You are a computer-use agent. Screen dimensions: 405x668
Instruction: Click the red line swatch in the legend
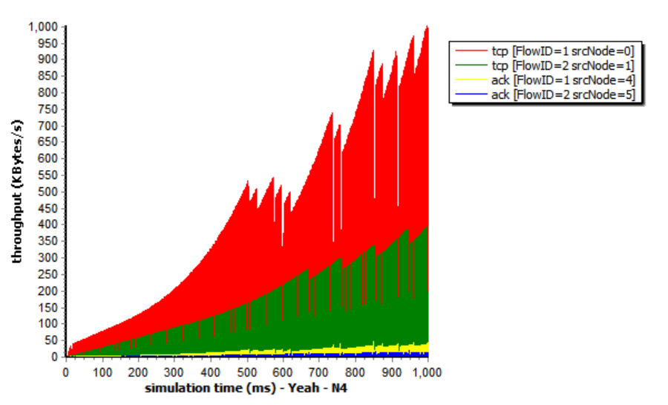pos(470,51)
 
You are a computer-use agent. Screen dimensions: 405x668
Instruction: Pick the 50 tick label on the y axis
pos(50,340)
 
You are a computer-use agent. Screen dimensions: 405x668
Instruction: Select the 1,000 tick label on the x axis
pos(427,371)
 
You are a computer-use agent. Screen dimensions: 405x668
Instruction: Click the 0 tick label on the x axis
pos(66,371)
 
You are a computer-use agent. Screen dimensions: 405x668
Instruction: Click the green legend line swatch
pos(470,65)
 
